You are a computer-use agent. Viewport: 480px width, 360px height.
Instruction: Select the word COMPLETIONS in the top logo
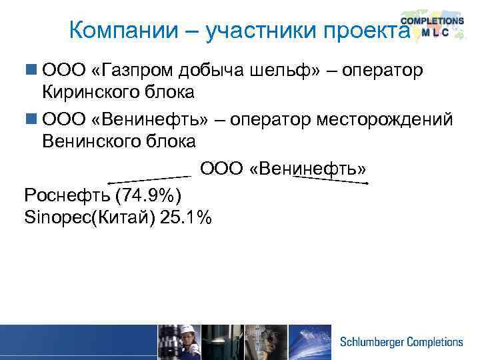tap(432, 21)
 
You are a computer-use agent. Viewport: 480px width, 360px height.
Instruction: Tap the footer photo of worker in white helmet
tap(178, 342)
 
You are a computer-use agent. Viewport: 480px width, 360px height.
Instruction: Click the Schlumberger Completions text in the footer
tap(401, 342)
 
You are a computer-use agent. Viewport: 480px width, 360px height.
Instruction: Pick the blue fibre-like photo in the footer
tap(309, 342)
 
